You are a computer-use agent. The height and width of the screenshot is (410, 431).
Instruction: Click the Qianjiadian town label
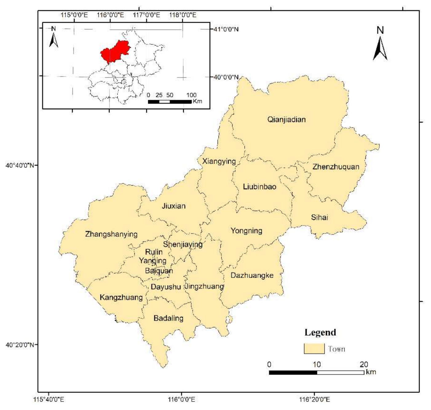pyautogui.click(x=287, y=119)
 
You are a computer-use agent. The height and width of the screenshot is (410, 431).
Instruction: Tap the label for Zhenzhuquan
pyautogui.click(x=336, y=167)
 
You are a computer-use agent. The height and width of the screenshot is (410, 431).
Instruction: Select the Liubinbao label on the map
pyautogui.click(x=259, y=187)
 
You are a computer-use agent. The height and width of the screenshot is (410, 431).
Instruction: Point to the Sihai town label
pyautogui.click(x=319, y=217)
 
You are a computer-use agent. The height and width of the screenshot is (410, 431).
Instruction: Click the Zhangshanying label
pyautogui.click(x=111, y=234)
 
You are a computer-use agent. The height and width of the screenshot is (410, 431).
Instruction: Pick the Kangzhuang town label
pyautogui.click(x=121, y=297)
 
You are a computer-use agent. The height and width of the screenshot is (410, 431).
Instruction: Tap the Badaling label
pyautogui.click(x=168, y=318)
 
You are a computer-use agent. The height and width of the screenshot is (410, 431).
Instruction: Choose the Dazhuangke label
pyautogui.click(x=252, y=275)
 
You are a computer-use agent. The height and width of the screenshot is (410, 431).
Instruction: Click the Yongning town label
pyautogui.click(x=246, y=231)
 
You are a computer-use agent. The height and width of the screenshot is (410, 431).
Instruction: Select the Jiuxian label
pyautogui.click(x=174, y=206)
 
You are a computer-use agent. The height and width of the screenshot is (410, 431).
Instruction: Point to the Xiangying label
pyautogui.click(x=219, y=161)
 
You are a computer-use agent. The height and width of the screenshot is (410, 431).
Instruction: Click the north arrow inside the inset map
pyautogui.click(x=53, y=38)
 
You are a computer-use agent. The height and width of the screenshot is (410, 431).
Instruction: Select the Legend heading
pyautogui.click(x=320, y=332)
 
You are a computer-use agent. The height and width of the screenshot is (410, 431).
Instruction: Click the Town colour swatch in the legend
pyautogui.click(x=314, y=349)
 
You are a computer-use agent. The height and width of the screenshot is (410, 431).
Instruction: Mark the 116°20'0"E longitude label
pyautogui.click(x=314, y=400)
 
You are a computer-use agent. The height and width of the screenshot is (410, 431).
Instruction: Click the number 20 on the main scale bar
pyautogui.click(x=364, y=365)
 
